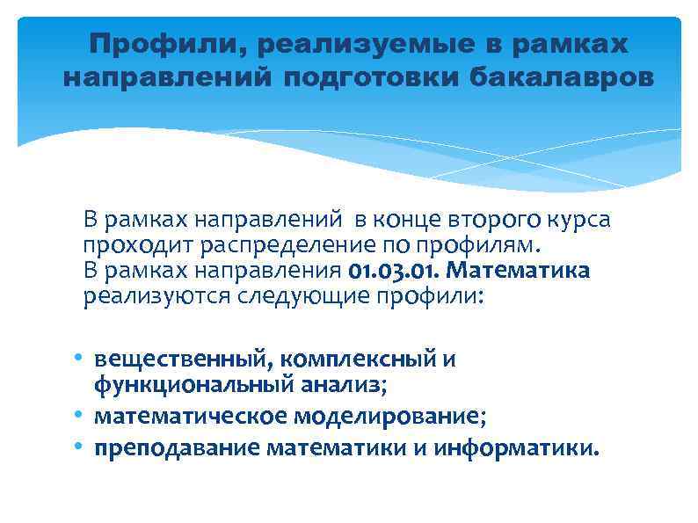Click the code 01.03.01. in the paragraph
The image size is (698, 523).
[399, 270]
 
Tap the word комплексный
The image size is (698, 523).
[347, 359]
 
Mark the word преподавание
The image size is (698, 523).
[178, 448]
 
